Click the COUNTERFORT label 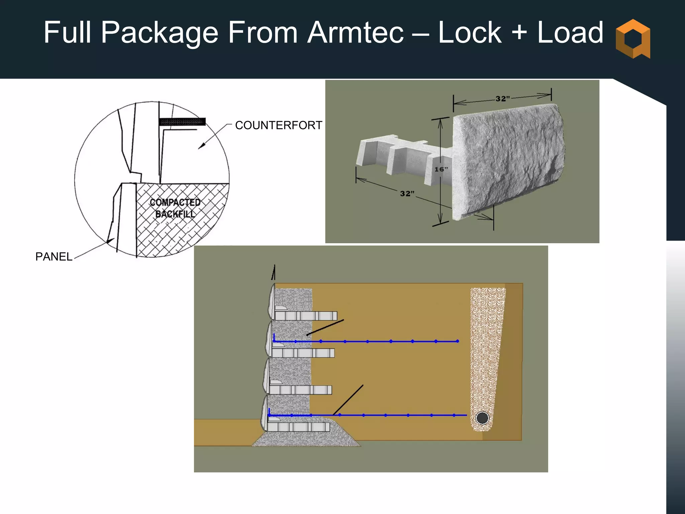[x=278, y=125]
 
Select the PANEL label [x=54, y=257]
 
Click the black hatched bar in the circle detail [x=182, y=122]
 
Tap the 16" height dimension [x=441, y=169]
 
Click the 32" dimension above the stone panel [x=502, y=98]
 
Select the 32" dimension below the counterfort [x=407, y=193]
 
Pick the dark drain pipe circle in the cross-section [x=482, y=418]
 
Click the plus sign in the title [x=519, y=33]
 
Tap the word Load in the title [x=570, y=33]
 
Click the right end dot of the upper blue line [x=458, y=341]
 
